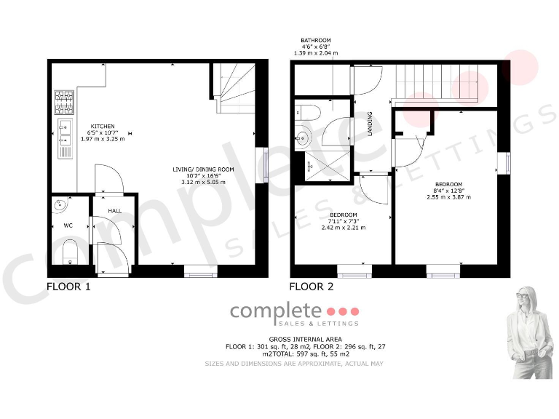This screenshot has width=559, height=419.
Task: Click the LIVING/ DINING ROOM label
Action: (203, 169)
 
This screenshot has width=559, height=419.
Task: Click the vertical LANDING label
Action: (370, 123)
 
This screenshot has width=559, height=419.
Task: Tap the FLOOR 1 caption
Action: (68, 287)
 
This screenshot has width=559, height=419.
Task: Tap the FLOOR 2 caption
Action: (312, 287)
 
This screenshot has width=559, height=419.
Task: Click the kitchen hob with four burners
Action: (64, 102)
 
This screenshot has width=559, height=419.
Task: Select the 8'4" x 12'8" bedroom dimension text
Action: (448, 191)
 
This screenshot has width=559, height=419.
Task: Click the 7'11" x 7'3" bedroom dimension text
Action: (344, 222)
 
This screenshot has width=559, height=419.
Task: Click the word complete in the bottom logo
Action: (275, 311)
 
